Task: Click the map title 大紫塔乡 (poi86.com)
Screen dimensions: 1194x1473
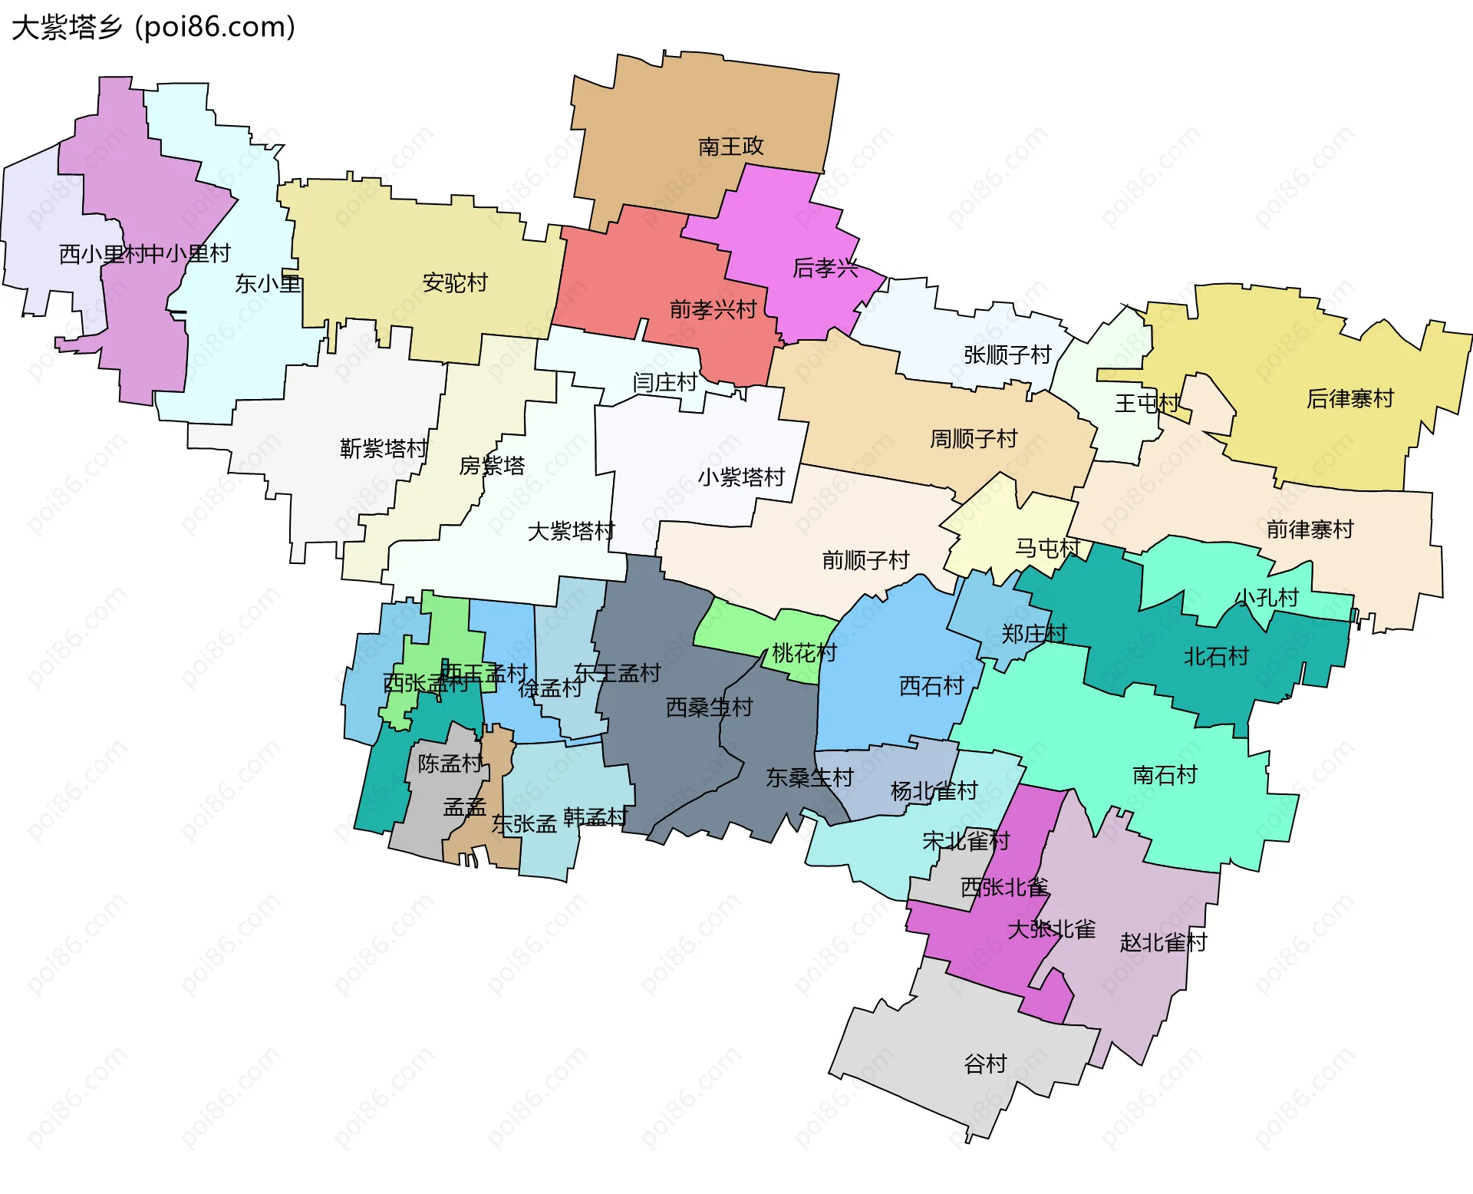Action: coord(153,28)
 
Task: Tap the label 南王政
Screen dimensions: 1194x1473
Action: coord(730,146)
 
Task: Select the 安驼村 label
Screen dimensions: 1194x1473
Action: coord(455,283)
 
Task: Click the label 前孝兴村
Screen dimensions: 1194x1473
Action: coord(713,309)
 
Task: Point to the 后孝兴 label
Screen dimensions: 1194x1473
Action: coord(825,268)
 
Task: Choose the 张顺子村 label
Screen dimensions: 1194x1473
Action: coord(1007,355)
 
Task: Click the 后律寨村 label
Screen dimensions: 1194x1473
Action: coord(1349,398)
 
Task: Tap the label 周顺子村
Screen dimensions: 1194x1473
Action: coord(973,439)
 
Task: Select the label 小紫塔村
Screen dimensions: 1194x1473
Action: coord(740,477)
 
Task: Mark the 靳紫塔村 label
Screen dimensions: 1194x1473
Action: coord(383,448)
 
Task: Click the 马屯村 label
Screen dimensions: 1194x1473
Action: coord(1047,548)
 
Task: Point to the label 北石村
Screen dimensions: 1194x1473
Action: coord(1216,656)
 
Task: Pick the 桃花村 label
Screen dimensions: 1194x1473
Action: coord(803,653)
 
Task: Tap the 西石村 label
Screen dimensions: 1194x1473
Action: coord(931,685)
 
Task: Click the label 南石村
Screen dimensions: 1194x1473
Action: coord(1165,775)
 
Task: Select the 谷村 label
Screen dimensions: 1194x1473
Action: coord(985,1064)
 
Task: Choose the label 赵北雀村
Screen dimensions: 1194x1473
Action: coord(1163,942)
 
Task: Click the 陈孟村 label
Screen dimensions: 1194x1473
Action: coord(450,764)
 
